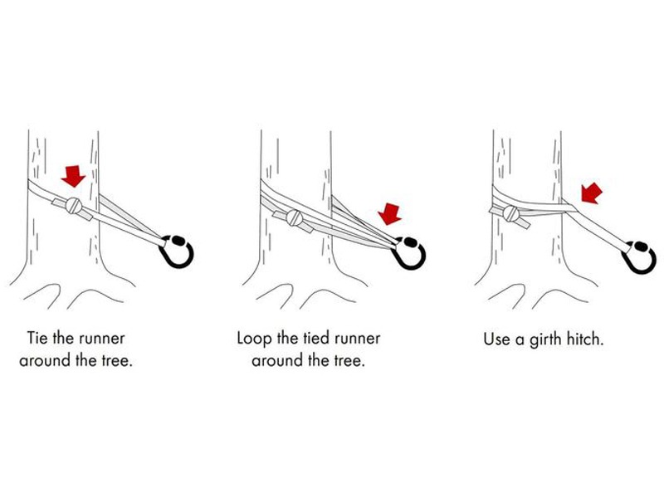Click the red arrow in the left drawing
coord(73,176)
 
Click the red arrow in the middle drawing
coord(389,214)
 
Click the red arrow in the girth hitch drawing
coord(591,193)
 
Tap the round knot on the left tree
coord(74,206)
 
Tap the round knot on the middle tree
coord(295,217)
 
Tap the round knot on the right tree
coord(511,213)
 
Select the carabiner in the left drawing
coord(176,251)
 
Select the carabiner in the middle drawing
coord(408,253)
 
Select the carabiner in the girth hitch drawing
coord(639,257)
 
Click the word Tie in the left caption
coord(37,338)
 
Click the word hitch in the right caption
coord(588,339)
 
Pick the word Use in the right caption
coord(496,339)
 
